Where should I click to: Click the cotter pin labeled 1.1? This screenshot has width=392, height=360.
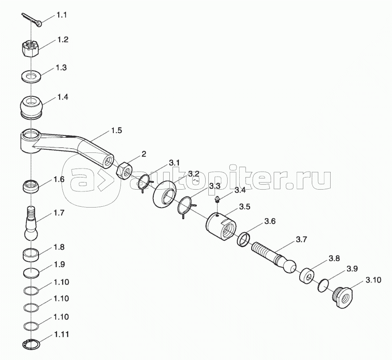[32, 20]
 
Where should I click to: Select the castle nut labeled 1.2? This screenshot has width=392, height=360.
[30, 49]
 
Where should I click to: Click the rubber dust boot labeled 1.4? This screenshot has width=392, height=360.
[31, 106]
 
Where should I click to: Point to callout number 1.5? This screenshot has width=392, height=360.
[116, 130]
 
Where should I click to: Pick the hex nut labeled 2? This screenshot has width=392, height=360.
[124, 171]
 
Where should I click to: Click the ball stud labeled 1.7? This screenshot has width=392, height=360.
[31, 223]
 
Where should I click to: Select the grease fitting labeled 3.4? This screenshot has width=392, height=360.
[218, 200]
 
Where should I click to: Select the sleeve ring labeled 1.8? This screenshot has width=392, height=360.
[31, 255]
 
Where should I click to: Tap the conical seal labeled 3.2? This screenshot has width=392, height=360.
[164, 194]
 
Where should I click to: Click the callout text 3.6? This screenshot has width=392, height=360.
[270, 221]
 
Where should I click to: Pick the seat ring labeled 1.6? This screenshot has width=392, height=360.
[31, 187]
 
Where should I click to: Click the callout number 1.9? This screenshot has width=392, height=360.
[60, 265]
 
